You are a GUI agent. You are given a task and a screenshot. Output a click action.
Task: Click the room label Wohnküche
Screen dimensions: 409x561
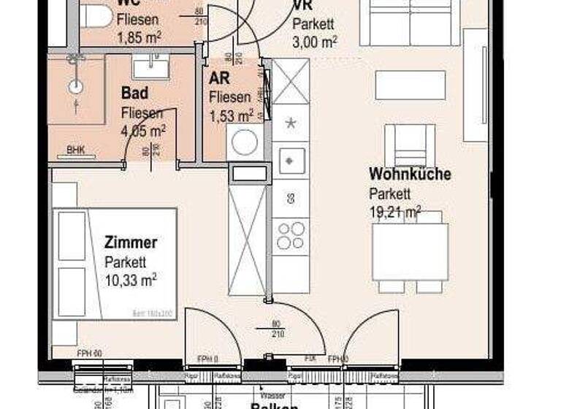click(x=409, y=175)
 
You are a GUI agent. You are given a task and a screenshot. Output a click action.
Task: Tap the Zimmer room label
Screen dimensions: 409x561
click(x=131, y=242)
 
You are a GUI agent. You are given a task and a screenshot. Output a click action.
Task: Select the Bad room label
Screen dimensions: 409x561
click(x=135, y=93)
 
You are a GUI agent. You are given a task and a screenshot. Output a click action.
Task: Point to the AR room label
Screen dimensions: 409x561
click(x=220, y=79)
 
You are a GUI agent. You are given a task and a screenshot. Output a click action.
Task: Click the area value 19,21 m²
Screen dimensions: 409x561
click(x=394, y=213)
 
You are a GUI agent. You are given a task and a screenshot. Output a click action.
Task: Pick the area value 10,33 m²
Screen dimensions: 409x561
click(x=131, y=278)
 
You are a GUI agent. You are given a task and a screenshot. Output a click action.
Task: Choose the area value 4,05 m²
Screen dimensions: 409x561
click(x=143, y=131)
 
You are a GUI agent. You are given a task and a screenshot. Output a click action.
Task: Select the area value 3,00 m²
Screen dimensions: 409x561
click(x=314, y=42)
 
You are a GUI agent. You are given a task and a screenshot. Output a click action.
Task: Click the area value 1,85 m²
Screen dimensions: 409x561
click(x=139, y=36)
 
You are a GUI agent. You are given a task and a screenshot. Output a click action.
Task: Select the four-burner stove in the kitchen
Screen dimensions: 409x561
click(x=291, y=235)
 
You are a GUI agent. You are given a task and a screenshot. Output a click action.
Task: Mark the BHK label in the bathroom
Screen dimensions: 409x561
click(x=76, y=150)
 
